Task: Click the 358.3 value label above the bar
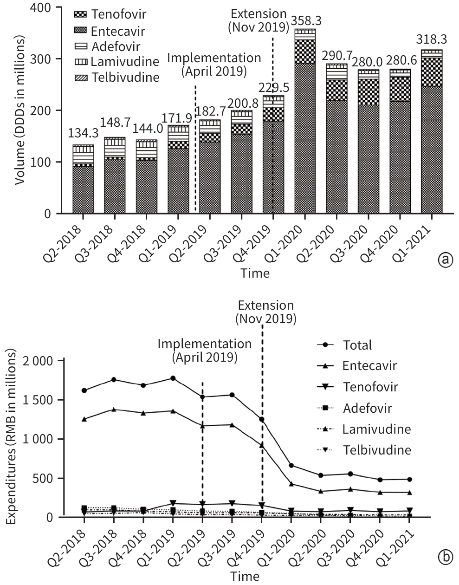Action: point(304,21)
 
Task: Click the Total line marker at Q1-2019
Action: point(173,378)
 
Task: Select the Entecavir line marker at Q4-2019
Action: point(262,445)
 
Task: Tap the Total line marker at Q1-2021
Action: point(409,479)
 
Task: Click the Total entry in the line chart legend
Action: point(357,345)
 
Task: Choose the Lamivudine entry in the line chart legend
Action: point(376,429)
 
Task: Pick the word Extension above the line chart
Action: point(265,305)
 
